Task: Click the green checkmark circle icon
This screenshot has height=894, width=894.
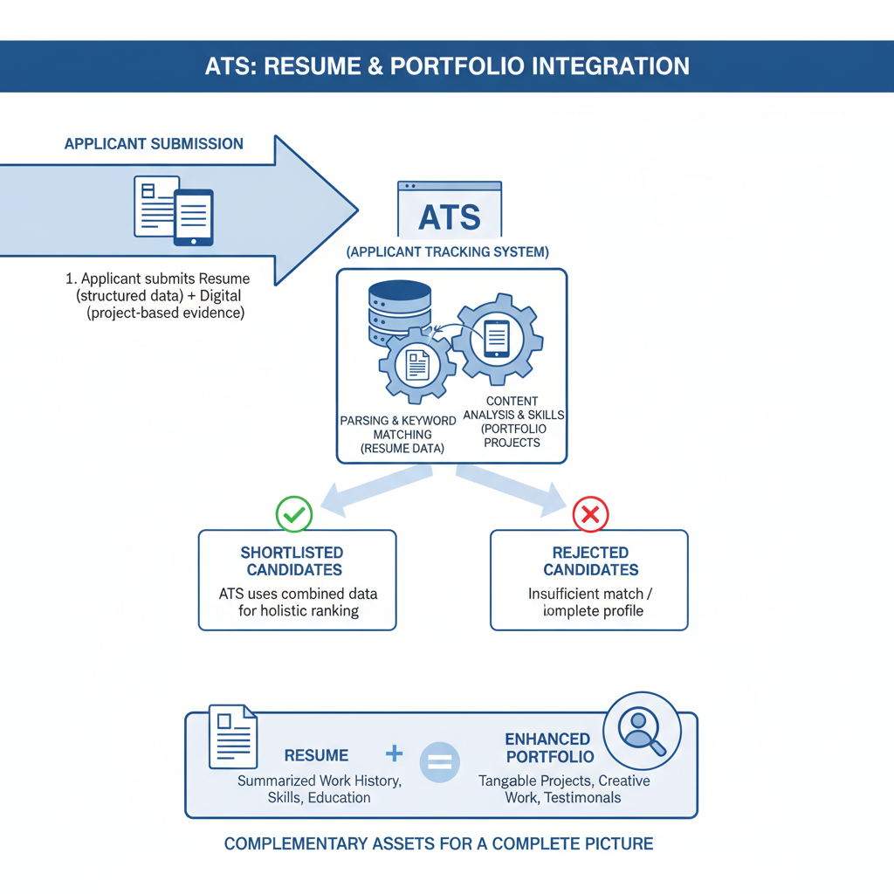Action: point(294,514)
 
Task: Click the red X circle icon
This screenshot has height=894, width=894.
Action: point(590,514)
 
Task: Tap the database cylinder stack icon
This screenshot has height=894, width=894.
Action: point(400,310)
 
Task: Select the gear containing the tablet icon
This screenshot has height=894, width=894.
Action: point(497,339)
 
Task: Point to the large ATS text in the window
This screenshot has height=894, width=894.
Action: point(449,217)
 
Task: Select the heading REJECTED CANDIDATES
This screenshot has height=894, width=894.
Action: point(590,561)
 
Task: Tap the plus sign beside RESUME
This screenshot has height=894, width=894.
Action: point(394,753)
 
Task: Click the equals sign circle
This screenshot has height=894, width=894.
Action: point(441,762)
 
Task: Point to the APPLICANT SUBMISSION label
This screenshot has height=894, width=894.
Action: point(154,144)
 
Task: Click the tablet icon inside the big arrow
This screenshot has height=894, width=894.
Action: point(193,217)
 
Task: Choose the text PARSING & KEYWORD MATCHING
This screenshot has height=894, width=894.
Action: point(397,427)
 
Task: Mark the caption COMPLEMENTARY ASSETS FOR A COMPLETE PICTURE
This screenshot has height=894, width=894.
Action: point(438,844)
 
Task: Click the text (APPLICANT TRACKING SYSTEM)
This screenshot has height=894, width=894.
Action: point(448,252)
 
